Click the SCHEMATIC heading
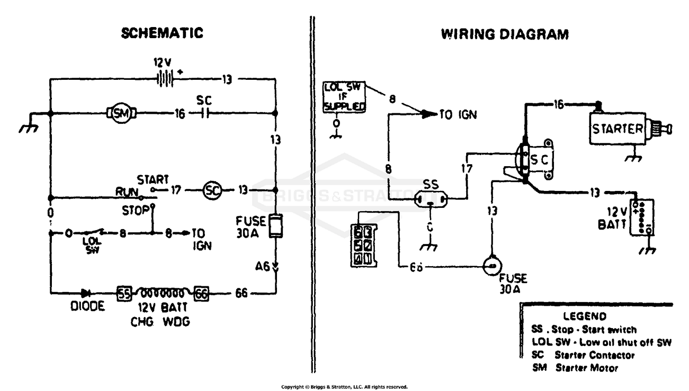pyautogui.click(x=162, y=33)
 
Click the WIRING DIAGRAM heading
pyautogui.click(x=504, y=34)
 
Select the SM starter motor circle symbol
pyautogui.click(x=121, y=113)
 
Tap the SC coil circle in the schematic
pyautogui.click(x=212, y=190)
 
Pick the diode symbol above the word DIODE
pyautogui.click(x=85, y=293)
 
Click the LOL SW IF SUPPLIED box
pyautogui.click(x=344, y=97)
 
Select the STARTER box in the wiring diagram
pyautogui.click(x=617, y=128)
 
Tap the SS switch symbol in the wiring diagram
pyautogui.click(x=430, y=199)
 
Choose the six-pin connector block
pyautogui.click(x=363, y=246)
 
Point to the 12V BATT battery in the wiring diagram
pyautogui.click(x=641, y=218)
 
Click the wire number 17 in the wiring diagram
pyautogui.click(x=467, y=168)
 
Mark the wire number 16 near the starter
pyautogui.click(x=558, y=105)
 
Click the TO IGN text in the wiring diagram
pyautogui.click(x=457, y=115)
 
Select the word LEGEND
pyautogui.click(x=584, y=316)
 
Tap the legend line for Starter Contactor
pyautogui.click(x=583, y=355)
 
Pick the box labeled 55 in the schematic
pyautogui.click(x=124, y=293)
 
